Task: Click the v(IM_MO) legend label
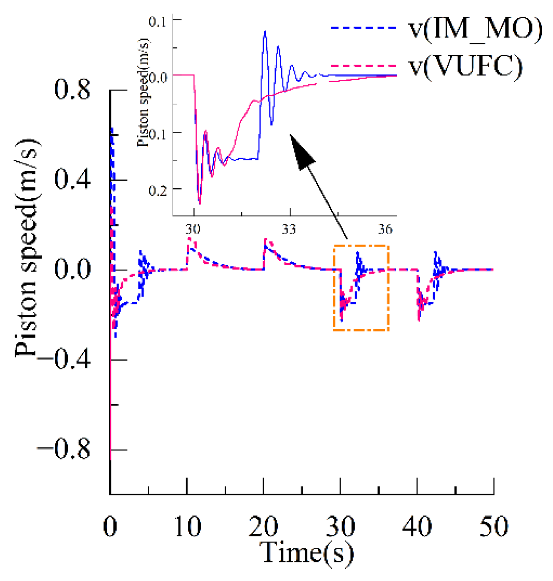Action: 475,29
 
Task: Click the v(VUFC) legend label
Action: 466,66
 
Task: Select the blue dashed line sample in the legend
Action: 363,28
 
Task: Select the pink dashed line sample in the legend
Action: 363,66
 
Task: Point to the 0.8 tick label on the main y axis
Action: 72,90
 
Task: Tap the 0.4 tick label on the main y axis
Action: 72,180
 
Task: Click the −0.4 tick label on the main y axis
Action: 64,360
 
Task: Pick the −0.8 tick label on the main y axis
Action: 64,450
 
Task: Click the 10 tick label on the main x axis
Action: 187,527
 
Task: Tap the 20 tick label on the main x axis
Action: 263,527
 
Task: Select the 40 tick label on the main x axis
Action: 417,527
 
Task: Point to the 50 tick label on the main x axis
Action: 493,527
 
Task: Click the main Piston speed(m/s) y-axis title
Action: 27,248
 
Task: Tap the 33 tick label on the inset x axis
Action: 289,229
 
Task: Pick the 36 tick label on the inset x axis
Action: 385,229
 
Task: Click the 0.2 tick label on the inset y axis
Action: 157,190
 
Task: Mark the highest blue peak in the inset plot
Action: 265,31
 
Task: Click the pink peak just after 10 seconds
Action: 190,239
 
